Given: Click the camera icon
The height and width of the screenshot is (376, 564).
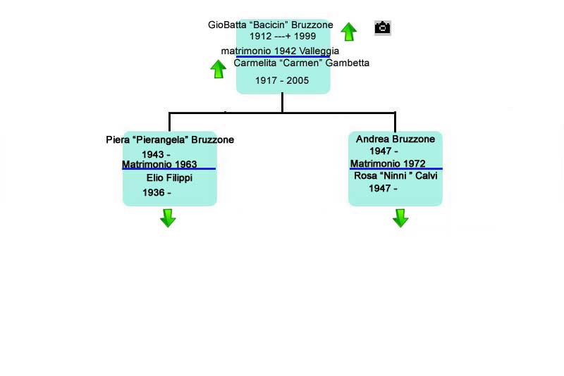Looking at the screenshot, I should (382, 27).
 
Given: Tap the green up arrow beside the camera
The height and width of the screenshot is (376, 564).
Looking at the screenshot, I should (348, 31).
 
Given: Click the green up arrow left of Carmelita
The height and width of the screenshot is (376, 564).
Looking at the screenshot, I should (219, 68).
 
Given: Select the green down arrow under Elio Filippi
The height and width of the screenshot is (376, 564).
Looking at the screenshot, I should (168, 218).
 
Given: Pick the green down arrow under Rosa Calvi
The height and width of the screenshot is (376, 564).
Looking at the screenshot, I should (400, 218).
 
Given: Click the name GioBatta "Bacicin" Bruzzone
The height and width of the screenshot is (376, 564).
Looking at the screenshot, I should (271, 25).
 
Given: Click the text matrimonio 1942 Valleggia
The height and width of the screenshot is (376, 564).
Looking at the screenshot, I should (280, 51).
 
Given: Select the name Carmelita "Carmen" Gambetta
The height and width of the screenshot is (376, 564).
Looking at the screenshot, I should (301, 63).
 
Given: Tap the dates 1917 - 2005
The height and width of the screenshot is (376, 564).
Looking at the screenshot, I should (282, 80).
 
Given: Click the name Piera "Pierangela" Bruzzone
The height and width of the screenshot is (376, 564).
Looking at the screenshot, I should (170, 139).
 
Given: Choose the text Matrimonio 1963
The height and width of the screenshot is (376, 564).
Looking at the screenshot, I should (159, 165).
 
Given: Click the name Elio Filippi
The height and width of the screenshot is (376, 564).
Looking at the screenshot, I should (169, 177).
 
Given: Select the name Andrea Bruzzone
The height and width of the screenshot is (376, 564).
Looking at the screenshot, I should (396, 139).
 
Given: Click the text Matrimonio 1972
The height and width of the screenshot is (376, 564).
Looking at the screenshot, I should (388, 164).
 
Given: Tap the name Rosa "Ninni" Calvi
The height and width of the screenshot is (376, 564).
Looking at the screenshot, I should (396, 175).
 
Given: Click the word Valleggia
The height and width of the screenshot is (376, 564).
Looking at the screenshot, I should (319, 51).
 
